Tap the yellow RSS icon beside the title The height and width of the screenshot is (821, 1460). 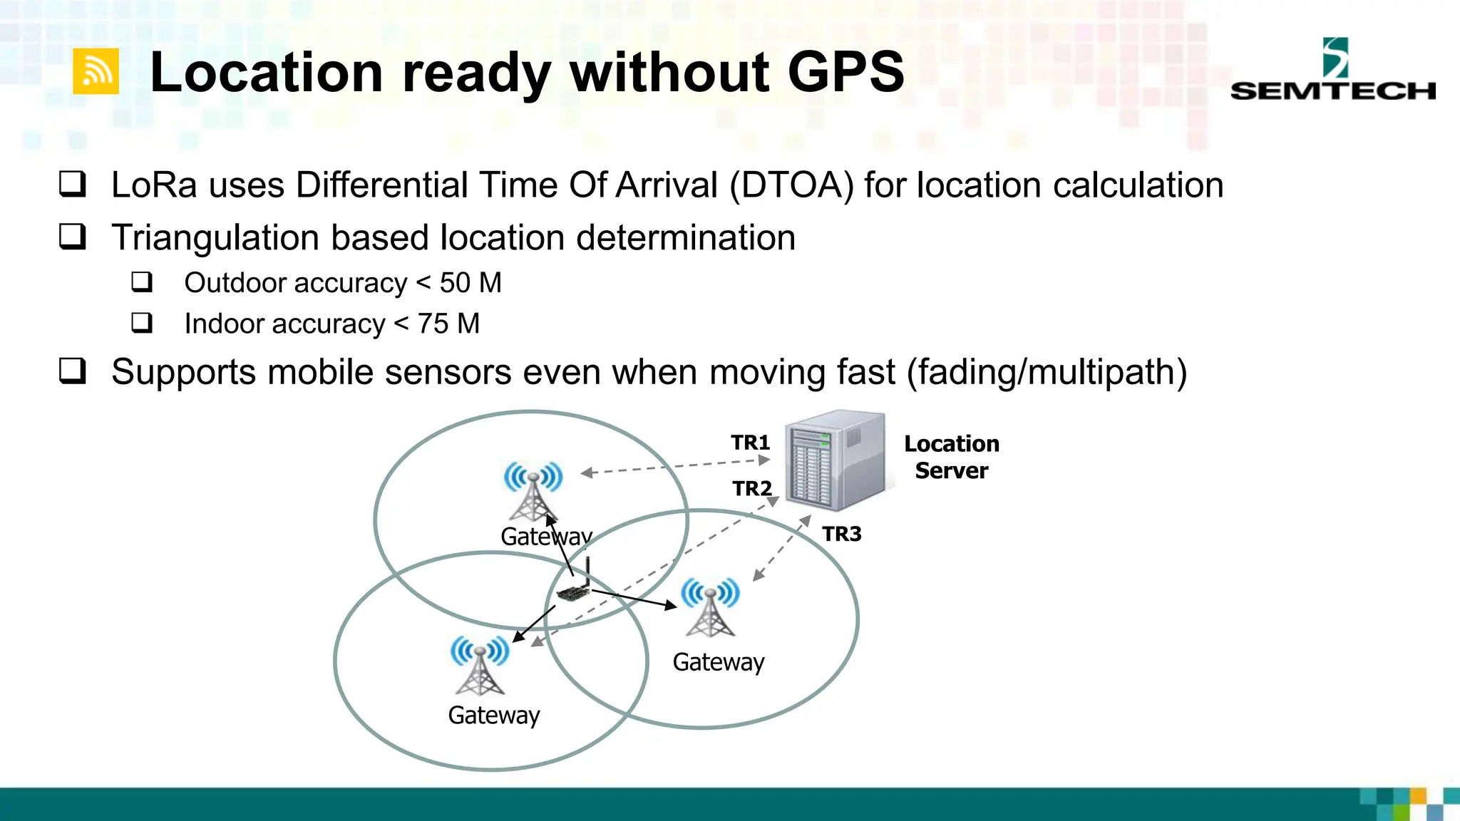(96, 71)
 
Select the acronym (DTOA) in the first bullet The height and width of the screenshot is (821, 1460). (791, 185)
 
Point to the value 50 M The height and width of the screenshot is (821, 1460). (471, 283)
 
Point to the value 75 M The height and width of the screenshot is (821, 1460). (448, 324)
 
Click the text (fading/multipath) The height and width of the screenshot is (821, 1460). (1047, 372)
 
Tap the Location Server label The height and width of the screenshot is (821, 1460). (951, 457)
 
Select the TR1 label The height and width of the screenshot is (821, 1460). (750, 443)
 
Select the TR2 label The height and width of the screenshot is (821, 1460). (752, 488)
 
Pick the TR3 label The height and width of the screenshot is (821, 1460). (841, 534)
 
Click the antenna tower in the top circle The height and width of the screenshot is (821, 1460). (533, 492)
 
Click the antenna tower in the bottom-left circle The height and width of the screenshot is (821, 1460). (480, 666)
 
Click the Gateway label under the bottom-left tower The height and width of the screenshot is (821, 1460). (493, 715)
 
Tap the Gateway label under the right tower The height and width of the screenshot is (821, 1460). (718, 662)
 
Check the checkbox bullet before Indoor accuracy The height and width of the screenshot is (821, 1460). (142, 323)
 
